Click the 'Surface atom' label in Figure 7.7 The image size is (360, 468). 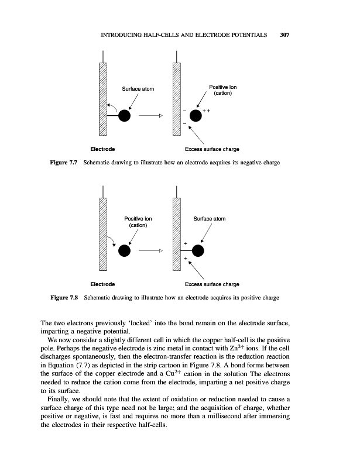(x=138, y=89)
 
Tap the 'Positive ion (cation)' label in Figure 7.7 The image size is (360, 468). (x=223, y=91)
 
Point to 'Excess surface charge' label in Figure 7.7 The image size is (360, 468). (x=212, y=149)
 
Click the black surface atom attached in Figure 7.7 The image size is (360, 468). (x=124, y=115)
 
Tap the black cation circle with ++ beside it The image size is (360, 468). (x=195, y=115)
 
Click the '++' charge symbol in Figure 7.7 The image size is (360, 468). (x=206, y=111)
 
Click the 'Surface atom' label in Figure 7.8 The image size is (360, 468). (x=210, y=219)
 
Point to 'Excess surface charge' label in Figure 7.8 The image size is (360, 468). (x=212, y=284)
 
